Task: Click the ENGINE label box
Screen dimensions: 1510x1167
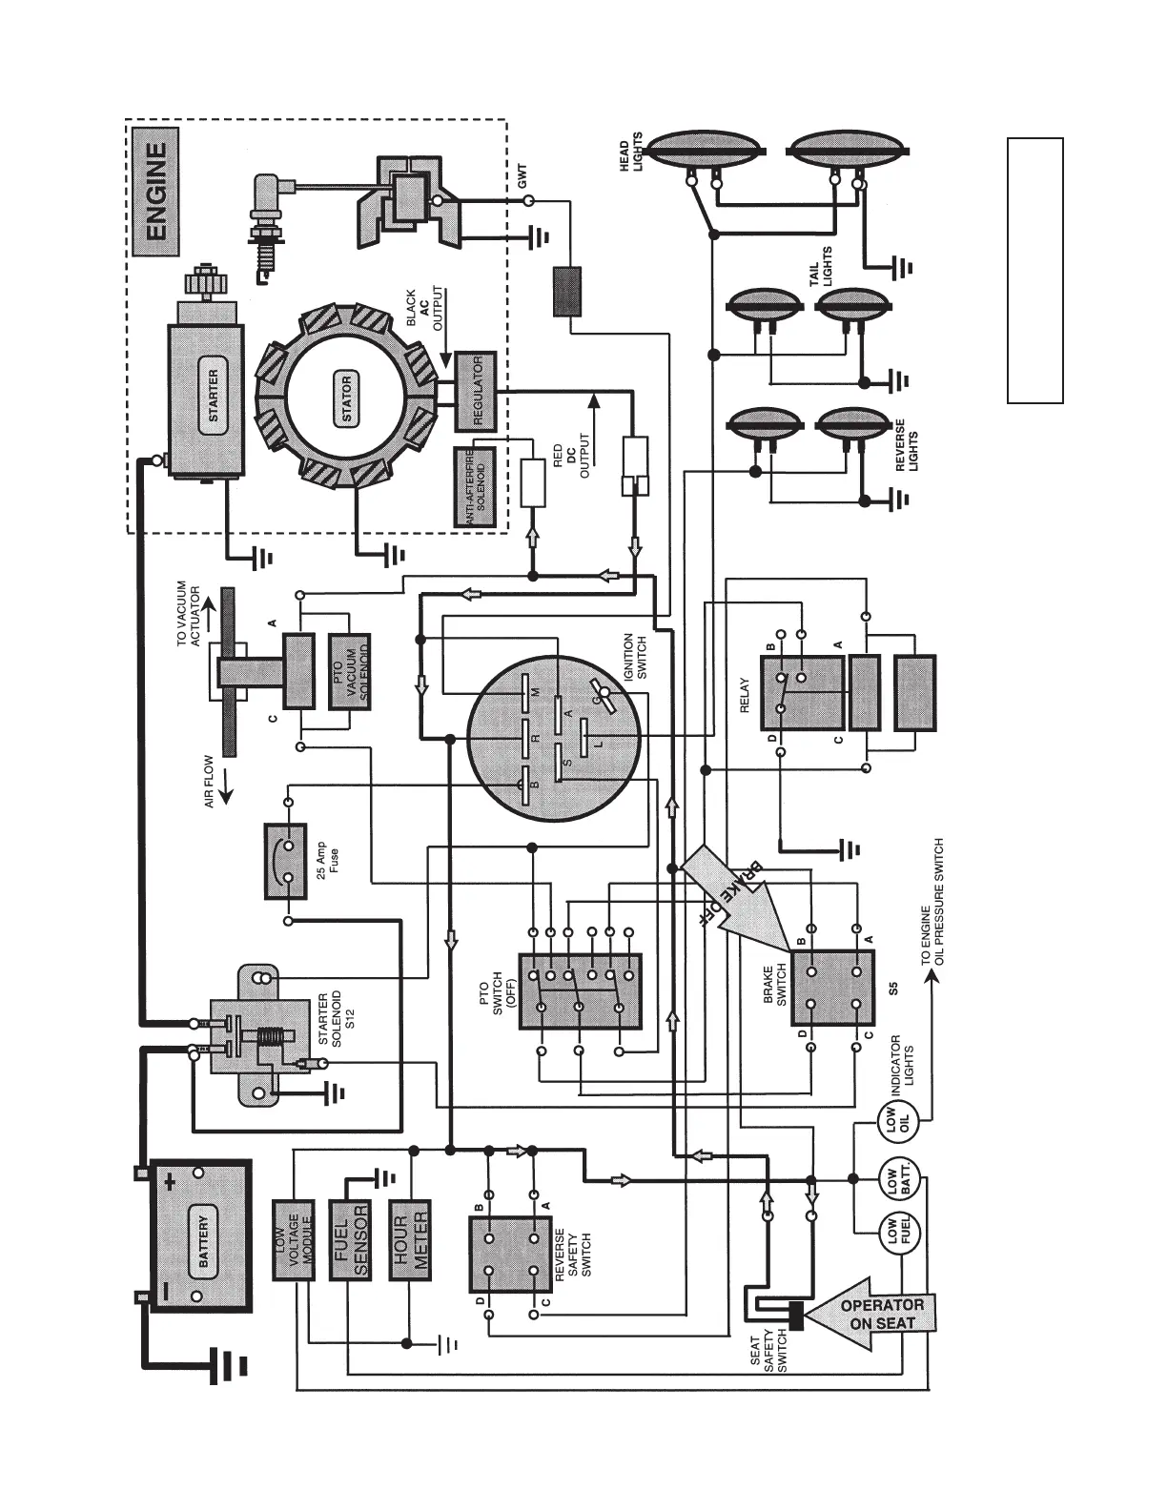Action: coord(153,191)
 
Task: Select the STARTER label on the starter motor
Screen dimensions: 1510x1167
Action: coord(213,395)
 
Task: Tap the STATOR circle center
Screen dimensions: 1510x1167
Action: coord(345,398)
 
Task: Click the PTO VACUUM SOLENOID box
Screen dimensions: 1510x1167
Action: coord(350,672)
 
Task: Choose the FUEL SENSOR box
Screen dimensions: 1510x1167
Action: coord(350,1239)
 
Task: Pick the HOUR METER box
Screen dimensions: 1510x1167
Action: coord(411,1239)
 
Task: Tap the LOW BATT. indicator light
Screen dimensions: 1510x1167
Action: coord(897,1181)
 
